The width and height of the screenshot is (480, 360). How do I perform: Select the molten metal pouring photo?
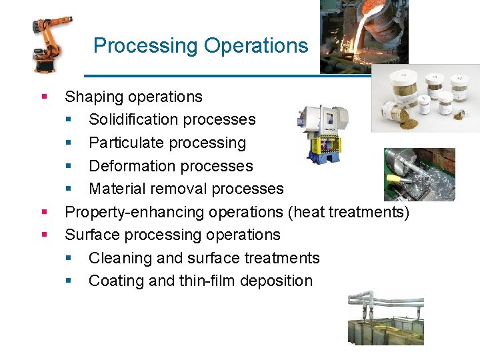point(363,36)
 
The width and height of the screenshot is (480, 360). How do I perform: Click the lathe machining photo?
point(419,174)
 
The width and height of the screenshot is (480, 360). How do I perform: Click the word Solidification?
point(135,120)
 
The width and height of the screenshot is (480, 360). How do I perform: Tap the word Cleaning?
point(119,258)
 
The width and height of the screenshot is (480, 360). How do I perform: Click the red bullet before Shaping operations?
point(44,97)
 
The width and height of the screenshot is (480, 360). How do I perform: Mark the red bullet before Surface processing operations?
point(44,235)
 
